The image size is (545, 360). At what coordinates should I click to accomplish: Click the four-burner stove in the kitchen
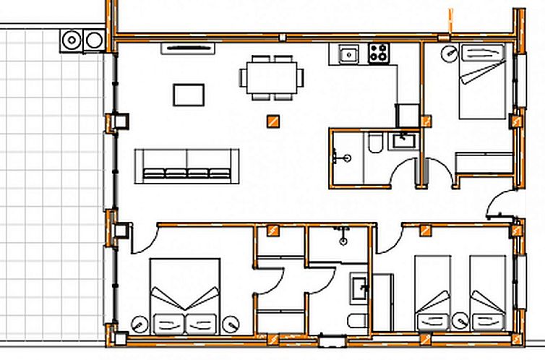379,52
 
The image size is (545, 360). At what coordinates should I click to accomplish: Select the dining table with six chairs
271,76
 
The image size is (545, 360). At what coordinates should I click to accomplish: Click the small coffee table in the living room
189,95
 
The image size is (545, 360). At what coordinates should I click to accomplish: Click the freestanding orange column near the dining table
272,121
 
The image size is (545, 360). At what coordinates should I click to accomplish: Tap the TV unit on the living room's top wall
189,48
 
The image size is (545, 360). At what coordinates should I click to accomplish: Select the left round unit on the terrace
72,40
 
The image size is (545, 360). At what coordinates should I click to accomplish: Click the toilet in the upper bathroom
375,143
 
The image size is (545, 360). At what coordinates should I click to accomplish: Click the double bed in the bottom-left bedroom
185,296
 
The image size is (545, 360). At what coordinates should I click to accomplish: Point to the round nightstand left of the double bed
139,322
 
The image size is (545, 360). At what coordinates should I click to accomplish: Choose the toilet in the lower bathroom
357,321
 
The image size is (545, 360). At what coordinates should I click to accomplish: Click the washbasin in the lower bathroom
359,287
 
